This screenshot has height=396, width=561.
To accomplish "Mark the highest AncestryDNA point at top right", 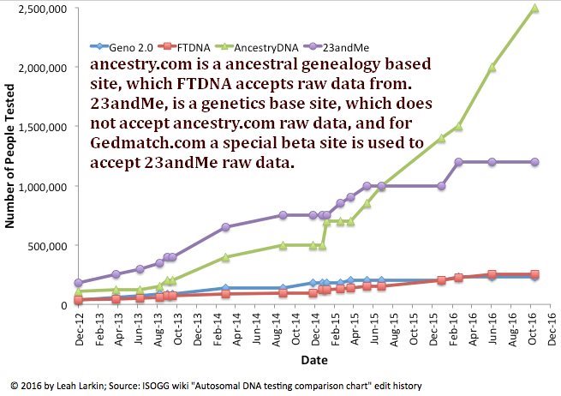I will click(534, 9).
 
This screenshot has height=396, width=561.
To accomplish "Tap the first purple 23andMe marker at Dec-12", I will click(78, 283).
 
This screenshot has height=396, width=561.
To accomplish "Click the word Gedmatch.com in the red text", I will click(143, 143).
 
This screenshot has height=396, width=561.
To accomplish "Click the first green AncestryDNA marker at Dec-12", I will click(78, 292).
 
